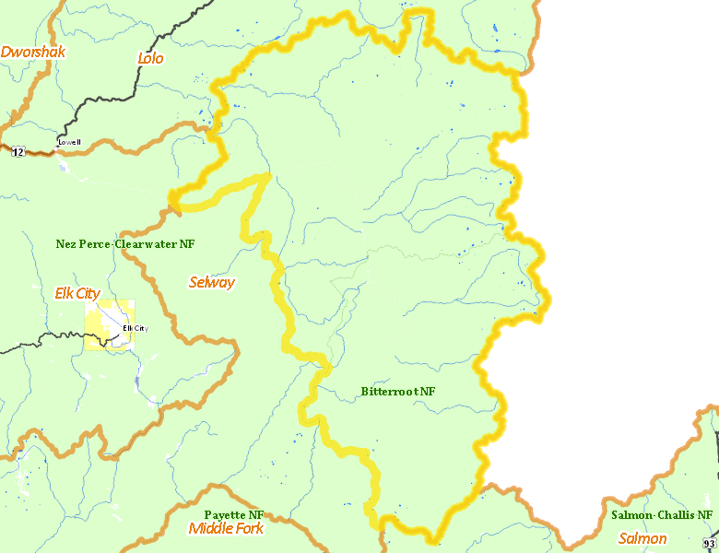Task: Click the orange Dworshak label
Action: click(33, 53)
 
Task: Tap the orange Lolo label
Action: click(150, 58)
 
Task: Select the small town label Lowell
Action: click(69, 142)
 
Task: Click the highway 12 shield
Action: click(18, 152)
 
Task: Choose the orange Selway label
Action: click(212, 282)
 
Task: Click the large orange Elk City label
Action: click(78, 294)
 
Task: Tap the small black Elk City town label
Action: click(135, 328)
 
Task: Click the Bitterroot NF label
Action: click(398, 392)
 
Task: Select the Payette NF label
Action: click(234, 514)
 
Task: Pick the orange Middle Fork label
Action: click(226, 528)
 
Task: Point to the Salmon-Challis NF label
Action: click(662, 514)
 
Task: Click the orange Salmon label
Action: click(642, 538)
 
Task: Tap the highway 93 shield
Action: click(711, 545)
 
